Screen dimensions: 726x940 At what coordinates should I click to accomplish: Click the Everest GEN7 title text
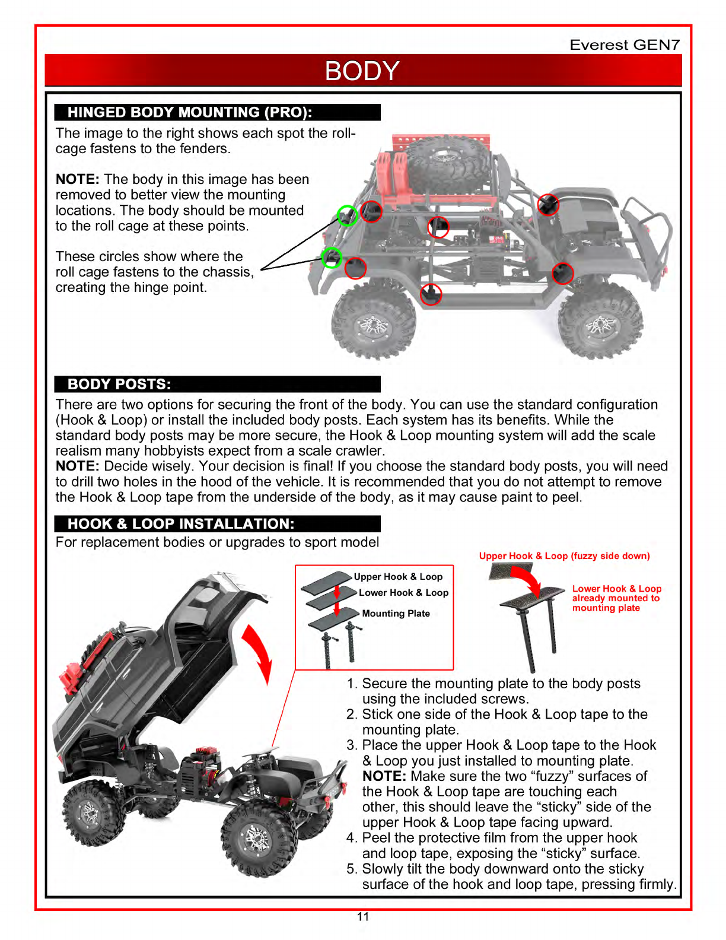point(625,45)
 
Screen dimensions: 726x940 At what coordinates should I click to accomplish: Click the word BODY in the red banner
point(362,71)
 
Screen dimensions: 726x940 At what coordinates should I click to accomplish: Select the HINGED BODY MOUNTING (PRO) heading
point(190,112)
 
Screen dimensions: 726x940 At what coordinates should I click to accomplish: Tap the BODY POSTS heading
point(119,384)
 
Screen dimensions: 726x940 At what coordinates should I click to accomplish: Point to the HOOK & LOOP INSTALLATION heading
point(181,524)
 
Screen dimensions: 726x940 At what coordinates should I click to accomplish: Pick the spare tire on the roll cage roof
point(448,164)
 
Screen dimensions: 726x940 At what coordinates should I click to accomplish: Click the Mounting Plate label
point(396,614)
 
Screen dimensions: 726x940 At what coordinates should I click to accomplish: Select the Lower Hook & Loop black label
point(403,593)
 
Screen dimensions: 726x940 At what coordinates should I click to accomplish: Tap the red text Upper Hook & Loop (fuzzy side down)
point(564,556)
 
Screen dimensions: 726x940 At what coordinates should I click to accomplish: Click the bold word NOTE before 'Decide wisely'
point(77,466)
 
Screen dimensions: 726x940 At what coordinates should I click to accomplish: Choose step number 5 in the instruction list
point(351,869)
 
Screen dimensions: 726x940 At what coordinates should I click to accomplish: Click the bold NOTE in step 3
point(384,776)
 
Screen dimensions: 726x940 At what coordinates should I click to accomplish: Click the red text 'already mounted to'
point(616,598)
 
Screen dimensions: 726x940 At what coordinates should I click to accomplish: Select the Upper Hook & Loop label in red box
point(398,577)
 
